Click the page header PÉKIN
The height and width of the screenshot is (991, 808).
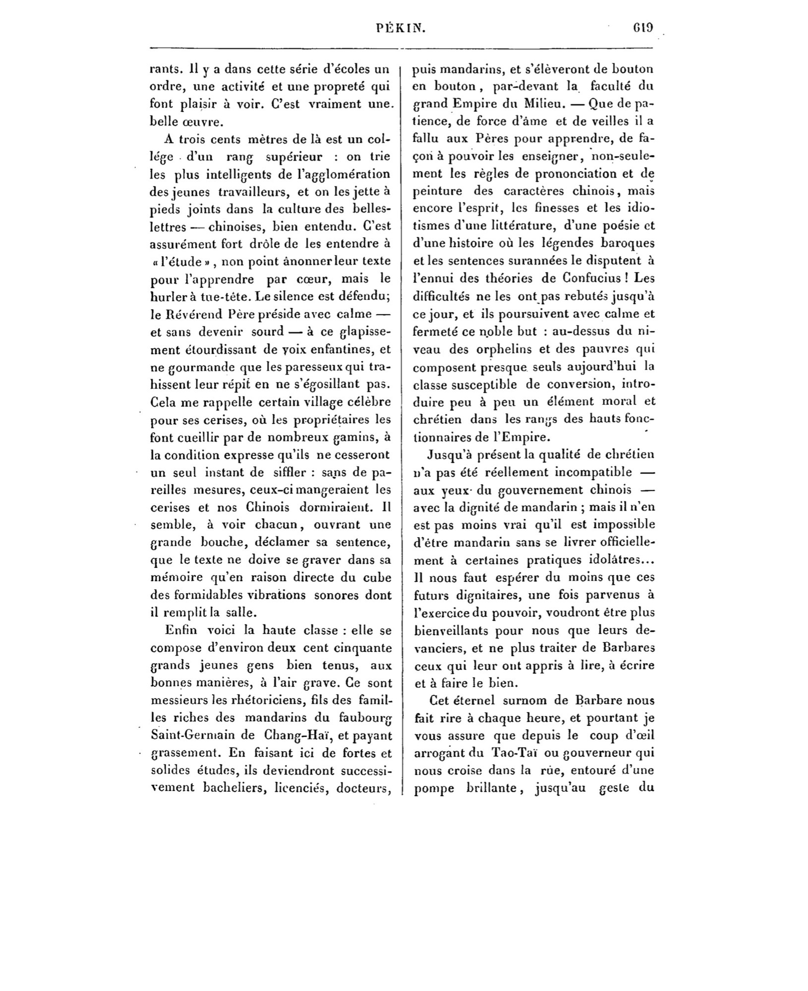[x=401, y=29]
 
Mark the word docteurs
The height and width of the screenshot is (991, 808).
[x=364, y=787]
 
